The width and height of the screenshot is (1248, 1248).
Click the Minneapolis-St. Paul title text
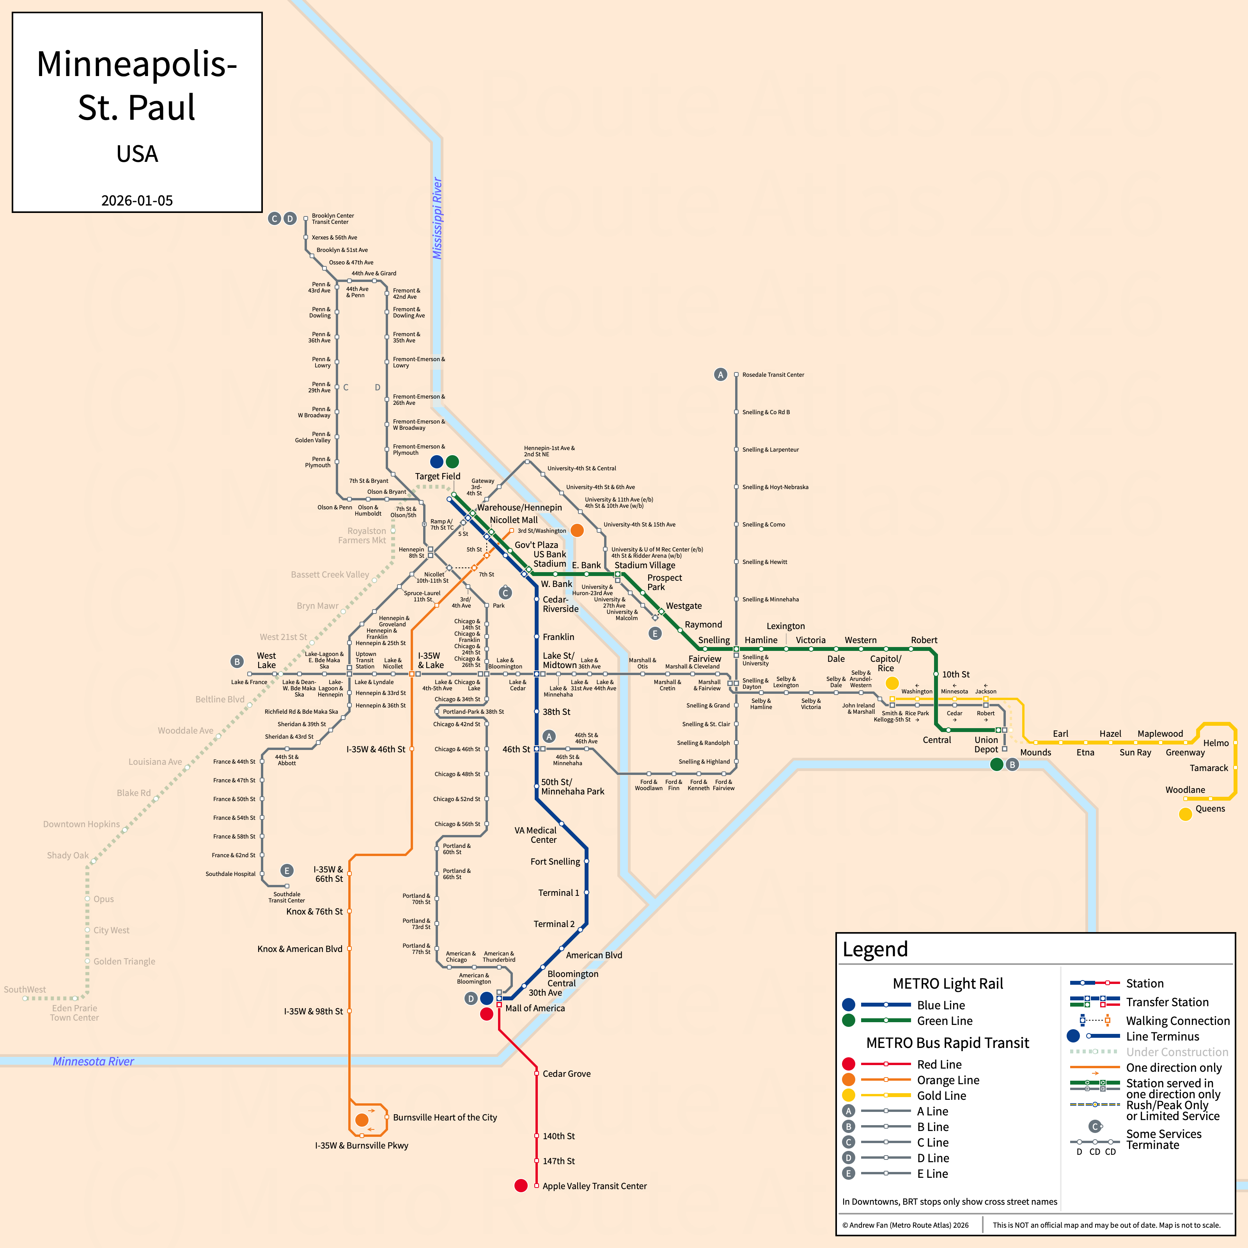point(137,85)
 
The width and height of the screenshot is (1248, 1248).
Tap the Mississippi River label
point(437,218)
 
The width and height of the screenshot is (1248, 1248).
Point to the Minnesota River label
point(93,1061)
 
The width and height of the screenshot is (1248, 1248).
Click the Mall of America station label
point(534,1009)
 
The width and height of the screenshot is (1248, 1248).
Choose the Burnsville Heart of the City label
point(445,1117)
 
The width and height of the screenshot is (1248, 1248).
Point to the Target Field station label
point(437,476)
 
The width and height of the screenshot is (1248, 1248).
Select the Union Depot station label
point(986,745)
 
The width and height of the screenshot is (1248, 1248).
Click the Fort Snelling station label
point(555,862)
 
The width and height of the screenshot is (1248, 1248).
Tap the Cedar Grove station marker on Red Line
point(536,1074)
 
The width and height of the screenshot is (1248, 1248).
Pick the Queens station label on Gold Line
point(1210,809)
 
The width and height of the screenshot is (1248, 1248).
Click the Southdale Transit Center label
point(286,897)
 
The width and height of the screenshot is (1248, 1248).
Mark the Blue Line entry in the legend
point(941,1005)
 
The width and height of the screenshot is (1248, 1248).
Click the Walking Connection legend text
point(1177,1021)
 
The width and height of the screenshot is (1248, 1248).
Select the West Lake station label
point(266,660)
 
